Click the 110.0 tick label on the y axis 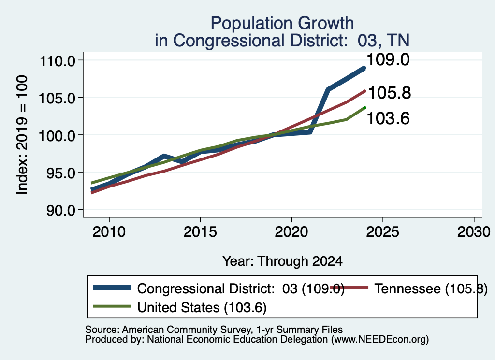click(x=57, y=61)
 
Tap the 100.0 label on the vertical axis click(x=57, y=136)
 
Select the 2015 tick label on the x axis click(x=200, y=232)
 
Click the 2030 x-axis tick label click(x=474, y=232)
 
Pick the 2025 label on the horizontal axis click(x=383, y=232)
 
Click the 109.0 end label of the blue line click(x=388, y=59)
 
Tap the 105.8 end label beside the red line click(x=390, y=93)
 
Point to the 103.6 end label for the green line click(x=388, y=119)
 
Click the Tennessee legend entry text click(x=431, y=288)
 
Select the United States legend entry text click(x=202, y=308)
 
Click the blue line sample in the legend click(x=112, y=288)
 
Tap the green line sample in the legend click(x=112, y=306)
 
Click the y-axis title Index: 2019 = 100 click(x=22, y=135)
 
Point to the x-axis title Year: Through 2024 click(x=282, y=261)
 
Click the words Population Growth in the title click(x=282, y=24)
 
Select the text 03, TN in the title click(x=383, y=41)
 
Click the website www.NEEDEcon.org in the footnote click(x=380, y=340)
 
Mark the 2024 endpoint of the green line click(x=364, y=108)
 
